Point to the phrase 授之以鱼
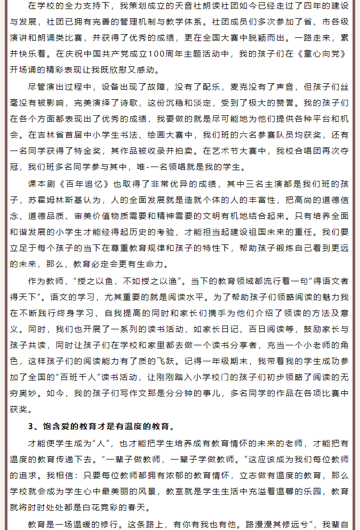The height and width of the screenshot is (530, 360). tap(94, 281)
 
